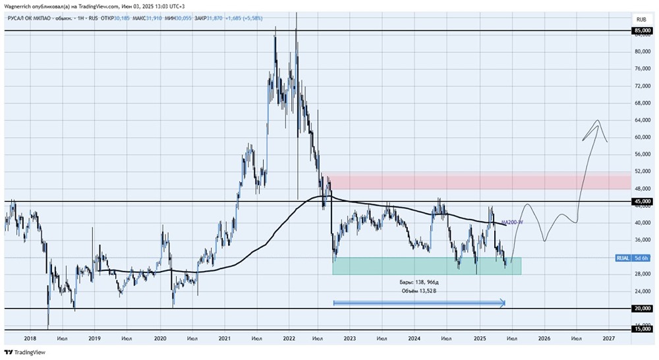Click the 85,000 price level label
642,30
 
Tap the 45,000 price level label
642,201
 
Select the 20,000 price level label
642,308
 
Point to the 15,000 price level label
642,329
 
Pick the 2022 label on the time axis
289,338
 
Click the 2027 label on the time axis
608,338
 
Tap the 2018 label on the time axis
30,338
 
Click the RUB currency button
641,18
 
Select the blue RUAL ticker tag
622,257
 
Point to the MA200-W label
512,222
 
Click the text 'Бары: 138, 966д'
419,282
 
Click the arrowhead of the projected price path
598,122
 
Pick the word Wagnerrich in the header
20,6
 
